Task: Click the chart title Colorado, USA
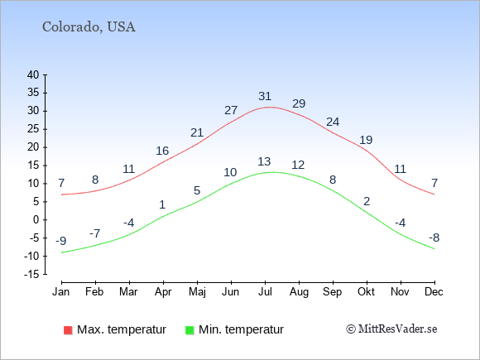click(89, 27)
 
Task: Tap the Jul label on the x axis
click(265, 292)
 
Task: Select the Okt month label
click(366, 292)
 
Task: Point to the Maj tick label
click(197, 292)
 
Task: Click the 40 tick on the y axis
click(33, 74)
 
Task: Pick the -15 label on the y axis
click(31, 274)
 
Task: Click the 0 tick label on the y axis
click(36, 220)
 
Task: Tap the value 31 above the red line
click(265, 96)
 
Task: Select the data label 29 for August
click(299, 103)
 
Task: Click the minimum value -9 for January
click(61, 241)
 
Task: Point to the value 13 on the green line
click(264, 161)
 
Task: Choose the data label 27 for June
click(231, 110)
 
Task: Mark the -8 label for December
click(434, 238)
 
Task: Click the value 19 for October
click(366, 140)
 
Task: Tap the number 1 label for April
click(162, 204)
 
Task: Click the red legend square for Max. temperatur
click(68, 330)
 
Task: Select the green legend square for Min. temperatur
click(190, 330)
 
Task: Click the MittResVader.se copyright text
click(391, 329)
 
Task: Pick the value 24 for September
click(333, 122)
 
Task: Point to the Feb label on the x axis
click(94, 292)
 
